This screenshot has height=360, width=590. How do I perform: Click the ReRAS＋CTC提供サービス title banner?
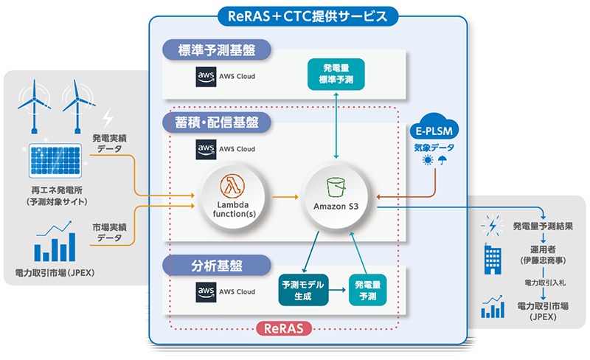click(308, 15)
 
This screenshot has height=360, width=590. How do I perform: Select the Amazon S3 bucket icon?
click(337, 184)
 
